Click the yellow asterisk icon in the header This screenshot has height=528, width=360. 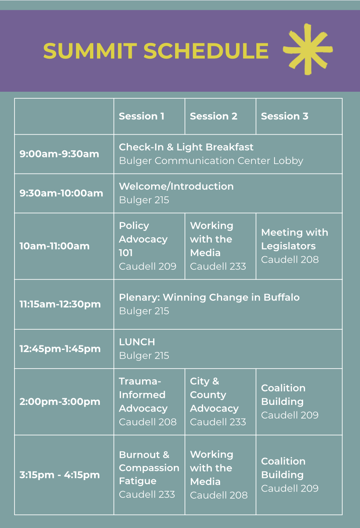pos(308,49)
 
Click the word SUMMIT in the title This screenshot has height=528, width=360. pos(90,51)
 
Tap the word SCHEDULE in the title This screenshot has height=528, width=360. pos(206,51)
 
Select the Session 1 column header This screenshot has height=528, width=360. pos(142,116)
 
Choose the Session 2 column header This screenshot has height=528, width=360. pos(213,116)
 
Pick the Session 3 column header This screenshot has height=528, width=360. pos(284,116)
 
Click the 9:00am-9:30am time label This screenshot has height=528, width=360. pos(59,154)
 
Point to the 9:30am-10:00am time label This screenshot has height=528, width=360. pos(61,193)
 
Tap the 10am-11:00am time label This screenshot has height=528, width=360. pos(54,246)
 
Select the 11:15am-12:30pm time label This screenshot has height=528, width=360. pos(60,304)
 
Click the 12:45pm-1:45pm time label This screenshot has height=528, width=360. pos(60,349)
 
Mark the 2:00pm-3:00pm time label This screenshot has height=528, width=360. pos(60,402)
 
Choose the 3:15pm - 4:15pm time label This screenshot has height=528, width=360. pos(59,475)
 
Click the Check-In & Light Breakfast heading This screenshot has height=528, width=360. pos(186,147)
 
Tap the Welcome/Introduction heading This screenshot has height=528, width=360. pos(176,186)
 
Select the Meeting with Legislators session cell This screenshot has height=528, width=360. pos(299,246)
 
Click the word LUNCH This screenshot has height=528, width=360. pos(137,342)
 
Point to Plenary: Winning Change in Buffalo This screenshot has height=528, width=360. pos(209,297)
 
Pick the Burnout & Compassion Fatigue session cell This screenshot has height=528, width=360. pos(149,475)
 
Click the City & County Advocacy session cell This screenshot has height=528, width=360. pos(220,402)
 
